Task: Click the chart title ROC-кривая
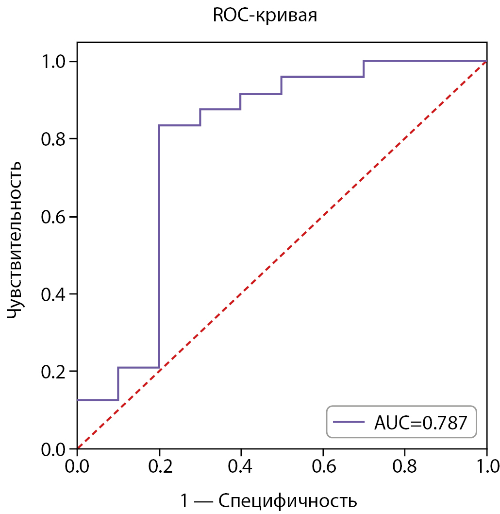(265, 16)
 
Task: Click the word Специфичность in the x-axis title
(288, 500)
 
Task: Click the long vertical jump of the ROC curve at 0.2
(159, 243)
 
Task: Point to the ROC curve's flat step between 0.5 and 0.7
(323, 77)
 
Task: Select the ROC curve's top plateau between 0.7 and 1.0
(425, 61)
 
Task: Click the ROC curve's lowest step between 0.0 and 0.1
(97, 400)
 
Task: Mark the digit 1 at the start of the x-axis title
(184, 500)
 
